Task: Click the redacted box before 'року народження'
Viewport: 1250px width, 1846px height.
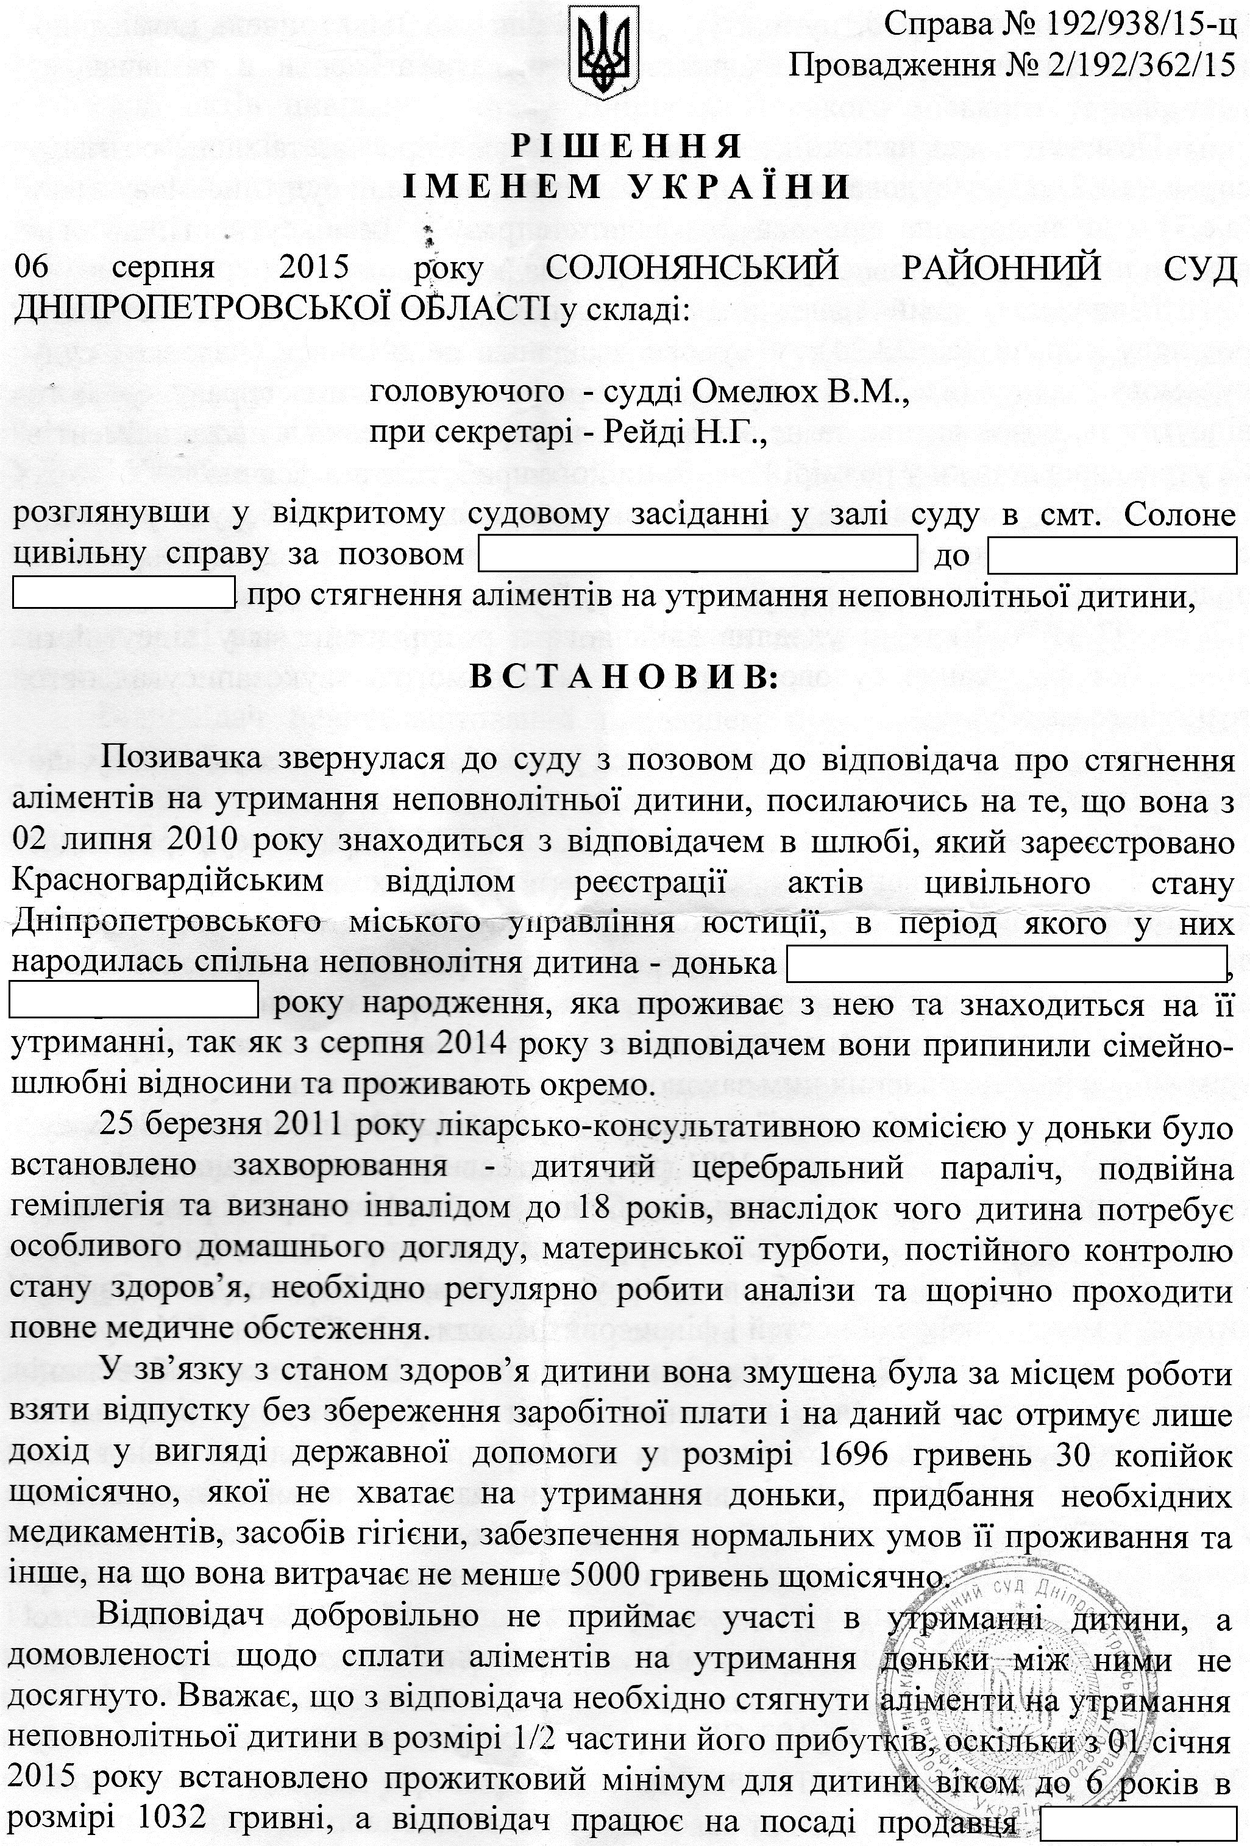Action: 133,999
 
